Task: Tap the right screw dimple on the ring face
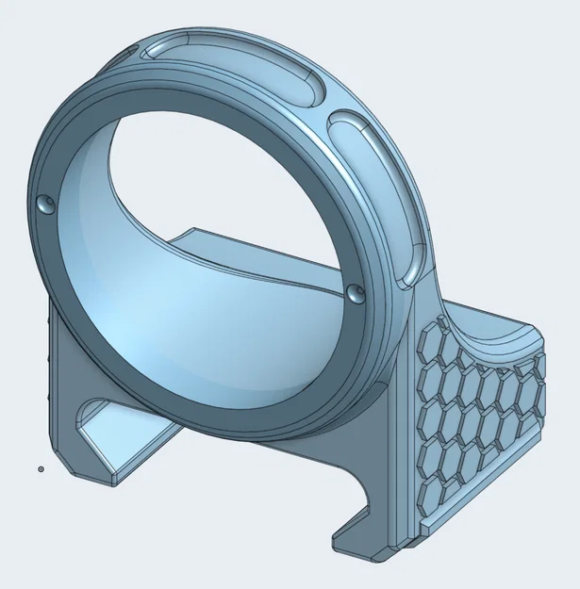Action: (x=356, y=294)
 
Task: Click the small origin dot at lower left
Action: (x=41, y=467)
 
